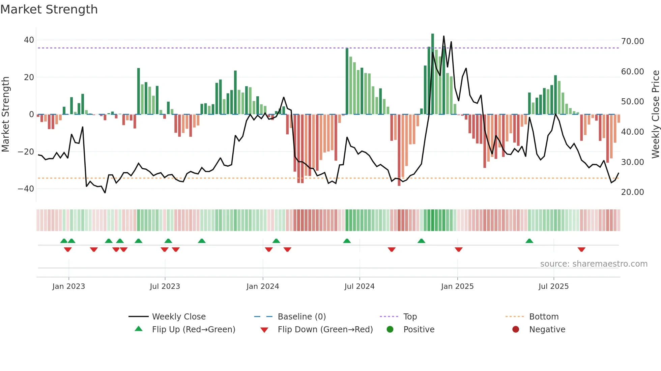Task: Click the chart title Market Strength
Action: pyautogui.click(x=49, y=9)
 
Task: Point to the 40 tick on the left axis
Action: pyautogui.click(x=29, y=40)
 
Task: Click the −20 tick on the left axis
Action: pyautogui.click(x=26, y=152)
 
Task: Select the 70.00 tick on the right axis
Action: pyautogui.click(x=632, y=41)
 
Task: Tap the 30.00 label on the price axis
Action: pyautogui.click(x=632, y=162)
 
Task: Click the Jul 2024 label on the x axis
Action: pyautogui.click(x=359, y=286)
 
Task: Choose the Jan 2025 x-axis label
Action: pyautogui.click(x=457, y=286)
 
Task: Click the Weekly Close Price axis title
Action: pyautogui.click(x=655, y=114)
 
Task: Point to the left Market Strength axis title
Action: pyautogui.click(x=6, y=114)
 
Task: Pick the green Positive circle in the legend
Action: pyautogui.click(x=390, y=330)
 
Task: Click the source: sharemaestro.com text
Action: pyautogui.click(x=594, y=264)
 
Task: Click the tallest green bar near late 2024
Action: pyautogui.click(x=433, y=74)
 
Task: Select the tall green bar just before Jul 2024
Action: pyautogui.click(x=347, y=81)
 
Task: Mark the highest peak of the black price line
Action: pyautogui.click(x=443, y=36)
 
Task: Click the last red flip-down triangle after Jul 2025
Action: pyautogui.click(x=581, y=249)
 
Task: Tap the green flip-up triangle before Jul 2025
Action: pyautogui.click(x=529, y=241)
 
